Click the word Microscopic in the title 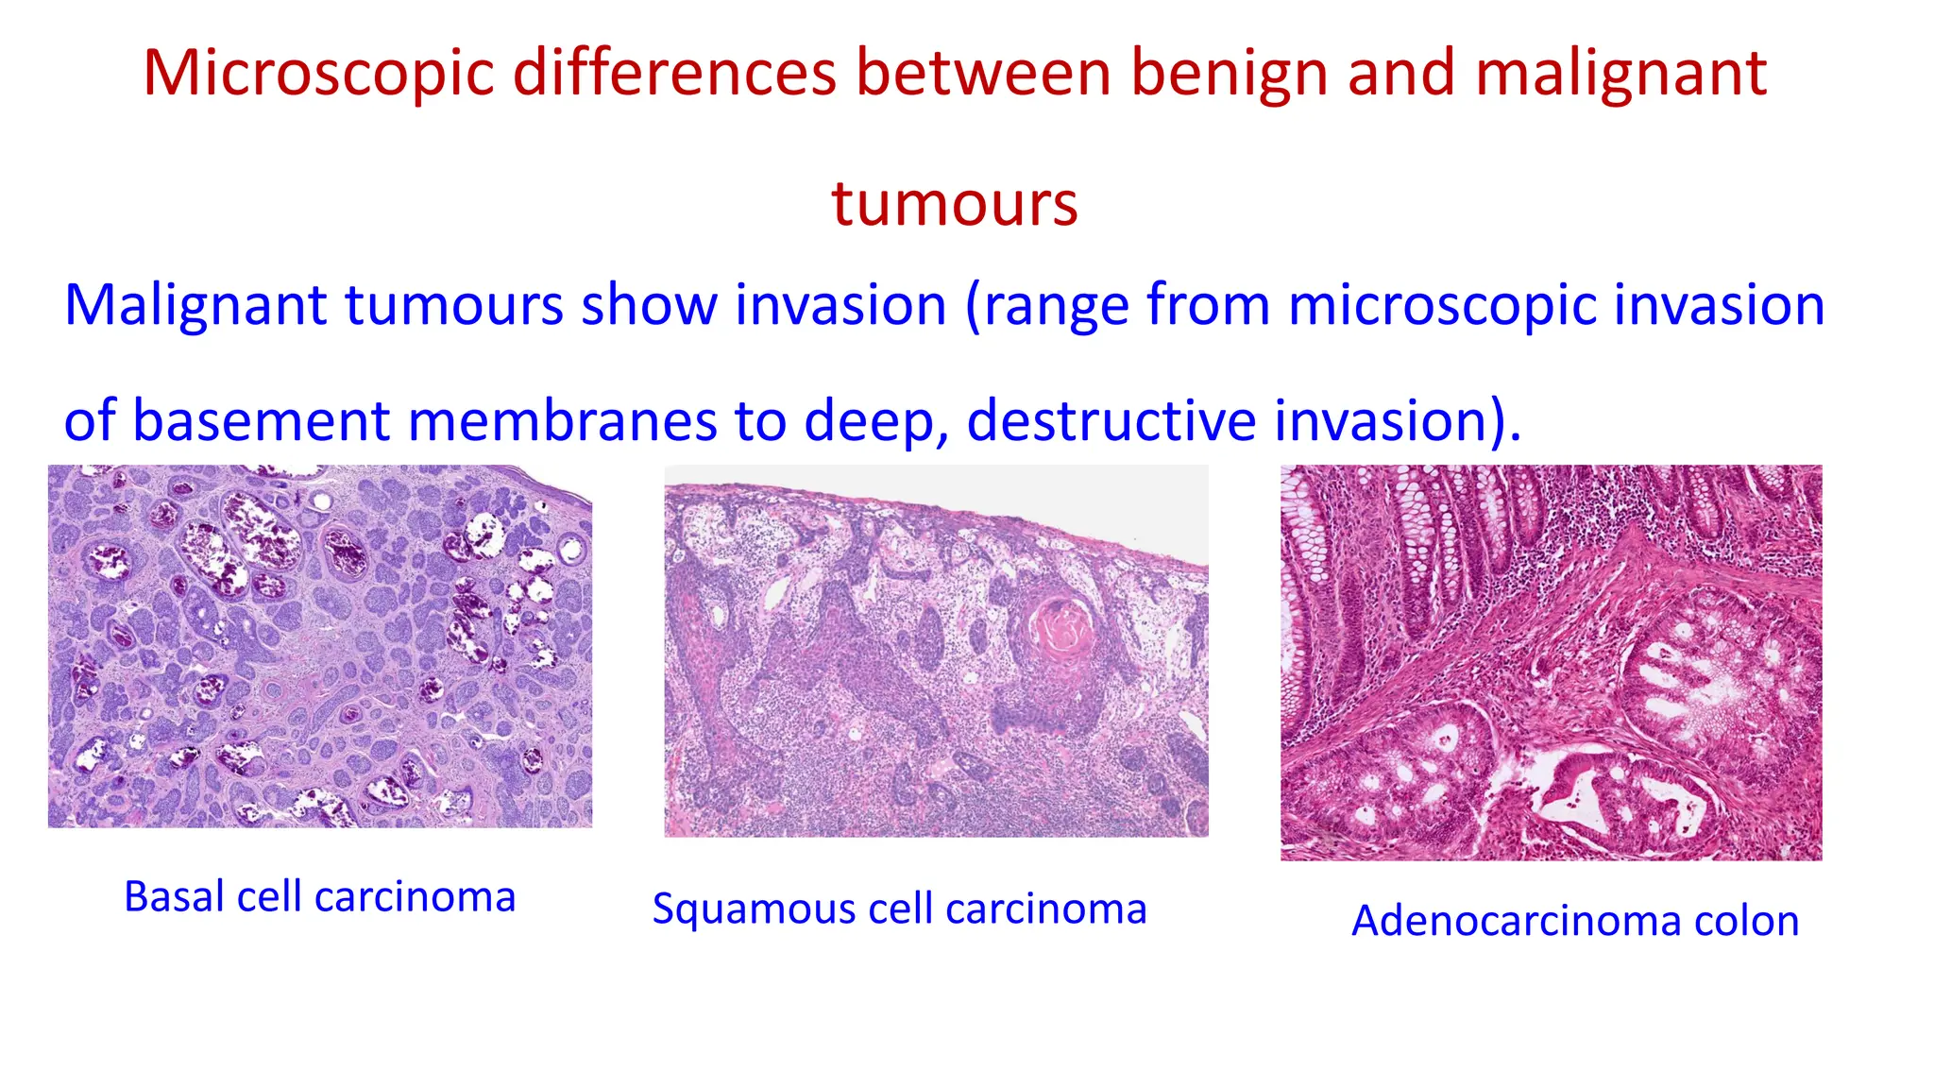[318, 74]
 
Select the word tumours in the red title [954, 204]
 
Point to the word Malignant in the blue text [195, 306]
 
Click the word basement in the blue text [261, 420]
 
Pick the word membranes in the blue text [562, 420]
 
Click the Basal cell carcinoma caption [320, 896]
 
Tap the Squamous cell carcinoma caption [899, 909]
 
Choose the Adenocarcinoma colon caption [1574, 921]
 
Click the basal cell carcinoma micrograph [320, 646]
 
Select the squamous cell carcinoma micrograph [936, 652]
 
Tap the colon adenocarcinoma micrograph [1551, 662]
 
